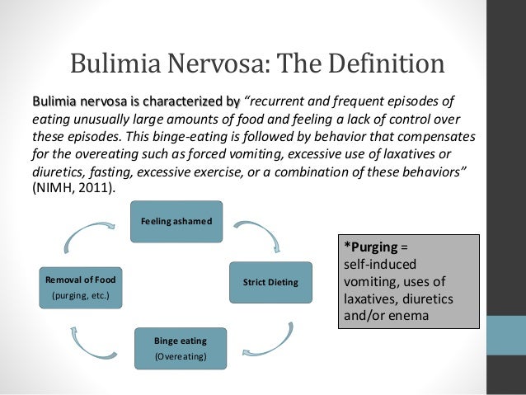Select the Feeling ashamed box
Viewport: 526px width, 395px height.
click(176, 222)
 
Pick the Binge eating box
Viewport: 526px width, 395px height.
click(181, 348)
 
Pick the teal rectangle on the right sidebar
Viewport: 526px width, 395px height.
click(507, 338)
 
